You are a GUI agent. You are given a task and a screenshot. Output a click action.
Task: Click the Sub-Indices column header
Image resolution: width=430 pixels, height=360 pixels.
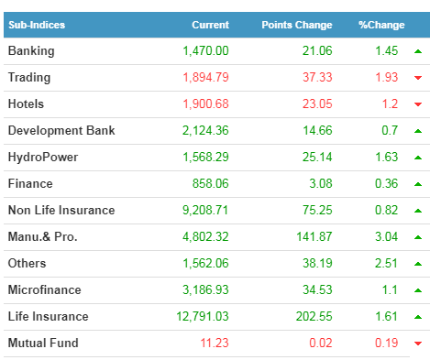(x=37, y=25)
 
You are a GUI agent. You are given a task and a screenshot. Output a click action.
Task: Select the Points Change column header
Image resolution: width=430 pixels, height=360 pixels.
(x=297, y=25)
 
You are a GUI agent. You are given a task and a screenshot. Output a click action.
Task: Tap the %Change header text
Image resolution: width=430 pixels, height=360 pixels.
(x=381, y=25)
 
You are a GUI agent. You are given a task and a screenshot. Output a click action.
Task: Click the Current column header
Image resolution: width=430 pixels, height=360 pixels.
(x=210, y=25)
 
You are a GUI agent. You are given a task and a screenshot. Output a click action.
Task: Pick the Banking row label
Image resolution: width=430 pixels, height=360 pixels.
(x=31, y=51)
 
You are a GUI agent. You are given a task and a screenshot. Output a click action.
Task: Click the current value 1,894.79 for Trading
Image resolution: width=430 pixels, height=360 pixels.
(x=205, y=77)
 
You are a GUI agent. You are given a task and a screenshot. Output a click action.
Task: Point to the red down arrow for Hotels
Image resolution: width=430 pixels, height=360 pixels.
(x=418, y=104)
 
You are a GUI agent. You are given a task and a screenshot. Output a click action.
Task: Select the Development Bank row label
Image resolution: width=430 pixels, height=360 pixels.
(x=61, y=131)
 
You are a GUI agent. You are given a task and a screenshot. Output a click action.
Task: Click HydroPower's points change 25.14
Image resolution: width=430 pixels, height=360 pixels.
(x=317, y=158)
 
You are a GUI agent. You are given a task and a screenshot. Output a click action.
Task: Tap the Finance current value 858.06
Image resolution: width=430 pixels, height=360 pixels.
(x=210, y=184)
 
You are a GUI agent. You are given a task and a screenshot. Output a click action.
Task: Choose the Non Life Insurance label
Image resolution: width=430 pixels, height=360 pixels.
(x=61, y=211)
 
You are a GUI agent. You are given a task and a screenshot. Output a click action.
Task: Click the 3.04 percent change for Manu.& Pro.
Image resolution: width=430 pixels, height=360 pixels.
(x=386, y=237)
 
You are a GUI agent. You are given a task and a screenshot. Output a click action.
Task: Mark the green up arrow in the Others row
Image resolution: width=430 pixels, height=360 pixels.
(x=418, y=264)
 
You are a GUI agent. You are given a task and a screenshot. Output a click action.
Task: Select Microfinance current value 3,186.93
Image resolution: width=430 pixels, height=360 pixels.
(x=205, y=290)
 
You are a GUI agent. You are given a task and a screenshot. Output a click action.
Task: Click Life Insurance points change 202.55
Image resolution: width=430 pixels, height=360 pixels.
(x=314, y=317)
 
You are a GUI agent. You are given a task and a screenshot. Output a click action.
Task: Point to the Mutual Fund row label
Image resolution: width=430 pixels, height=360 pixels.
(x=43, y=344)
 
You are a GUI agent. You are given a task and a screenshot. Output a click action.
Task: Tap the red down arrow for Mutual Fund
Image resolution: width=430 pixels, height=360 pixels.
(x=418, y=344)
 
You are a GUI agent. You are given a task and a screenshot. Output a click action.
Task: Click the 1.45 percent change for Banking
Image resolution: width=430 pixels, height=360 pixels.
(x=386, y=51)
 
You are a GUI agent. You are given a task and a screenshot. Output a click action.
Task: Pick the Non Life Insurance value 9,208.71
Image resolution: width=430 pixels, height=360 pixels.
(x=205, y=211)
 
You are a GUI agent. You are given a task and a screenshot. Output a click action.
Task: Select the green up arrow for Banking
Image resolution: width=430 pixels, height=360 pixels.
(x=418, y=51)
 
